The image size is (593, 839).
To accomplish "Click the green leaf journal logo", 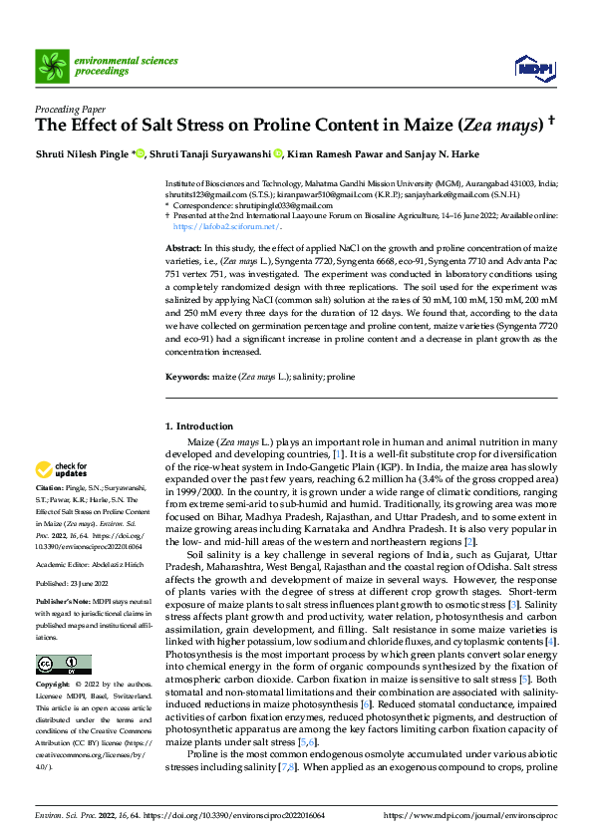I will [x=51, y=66].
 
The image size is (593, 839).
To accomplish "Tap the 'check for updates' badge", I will [x=61, y=468].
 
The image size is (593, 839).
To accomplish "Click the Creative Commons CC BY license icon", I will [x=63, y=665].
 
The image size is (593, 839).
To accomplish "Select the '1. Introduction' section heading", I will [x=198, y=426].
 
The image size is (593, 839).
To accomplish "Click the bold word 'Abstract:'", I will [x=183, y=246].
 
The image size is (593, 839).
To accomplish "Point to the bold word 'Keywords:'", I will [x=186, y=378].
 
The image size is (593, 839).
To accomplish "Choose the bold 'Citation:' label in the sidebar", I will [x=52, y=487].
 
